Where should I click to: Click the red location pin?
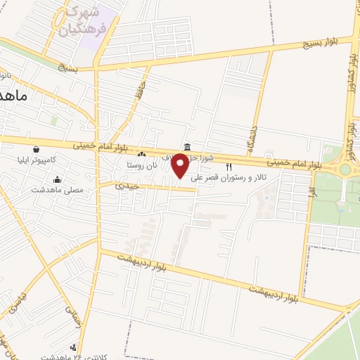181,166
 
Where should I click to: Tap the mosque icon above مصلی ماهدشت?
56,179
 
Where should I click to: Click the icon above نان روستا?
142,154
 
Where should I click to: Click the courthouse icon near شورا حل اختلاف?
187,147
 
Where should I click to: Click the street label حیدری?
128,186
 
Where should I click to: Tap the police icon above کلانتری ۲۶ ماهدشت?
74,347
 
